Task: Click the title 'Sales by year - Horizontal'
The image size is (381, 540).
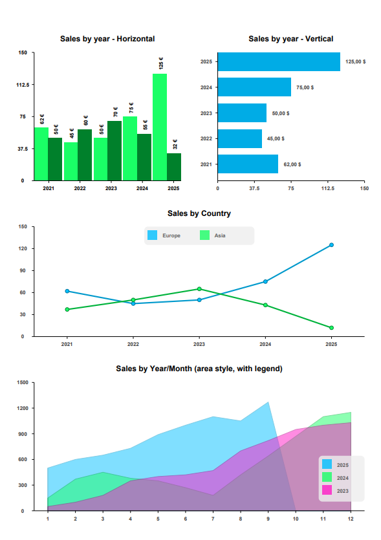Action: [107, 39]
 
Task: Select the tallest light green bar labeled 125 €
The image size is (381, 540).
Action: [160, 127]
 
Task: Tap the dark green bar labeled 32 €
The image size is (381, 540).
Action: [174, 167]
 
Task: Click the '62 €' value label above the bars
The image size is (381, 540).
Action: [42, 120]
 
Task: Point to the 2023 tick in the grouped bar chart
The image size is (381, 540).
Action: [111, 189]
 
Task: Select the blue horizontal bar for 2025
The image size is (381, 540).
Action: [279, 62]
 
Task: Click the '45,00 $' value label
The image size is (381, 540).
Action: [275, 138]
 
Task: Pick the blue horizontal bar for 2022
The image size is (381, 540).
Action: [240, 138]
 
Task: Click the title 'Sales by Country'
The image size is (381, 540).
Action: [199, 213]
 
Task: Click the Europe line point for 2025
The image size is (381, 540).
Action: [331, 245]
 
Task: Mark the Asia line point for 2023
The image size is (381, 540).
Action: [199, 289]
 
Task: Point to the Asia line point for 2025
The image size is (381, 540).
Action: [331, 328]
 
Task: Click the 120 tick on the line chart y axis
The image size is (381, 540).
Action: [22, 249]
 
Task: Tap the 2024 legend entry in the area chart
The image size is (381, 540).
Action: [335, 477]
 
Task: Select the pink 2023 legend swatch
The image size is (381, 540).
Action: [327, 490]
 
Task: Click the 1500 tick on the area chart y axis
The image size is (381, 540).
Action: [23, 383]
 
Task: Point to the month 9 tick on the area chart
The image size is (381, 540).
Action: [268, 519]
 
